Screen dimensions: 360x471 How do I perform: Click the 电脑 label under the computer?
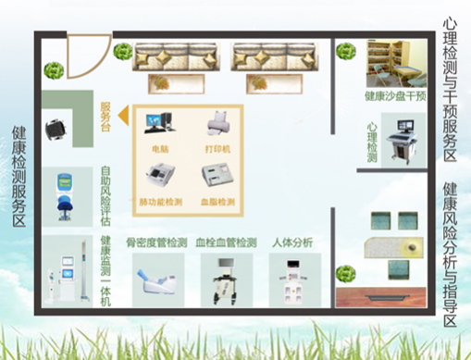click(159, 148)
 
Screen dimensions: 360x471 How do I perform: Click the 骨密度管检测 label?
click(161, 242)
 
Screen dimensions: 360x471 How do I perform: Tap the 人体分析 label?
click(294, 242)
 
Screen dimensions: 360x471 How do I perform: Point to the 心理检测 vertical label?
click(372, 139)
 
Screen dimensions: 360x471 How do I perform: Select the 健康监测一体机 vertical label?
click(105, 272)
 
